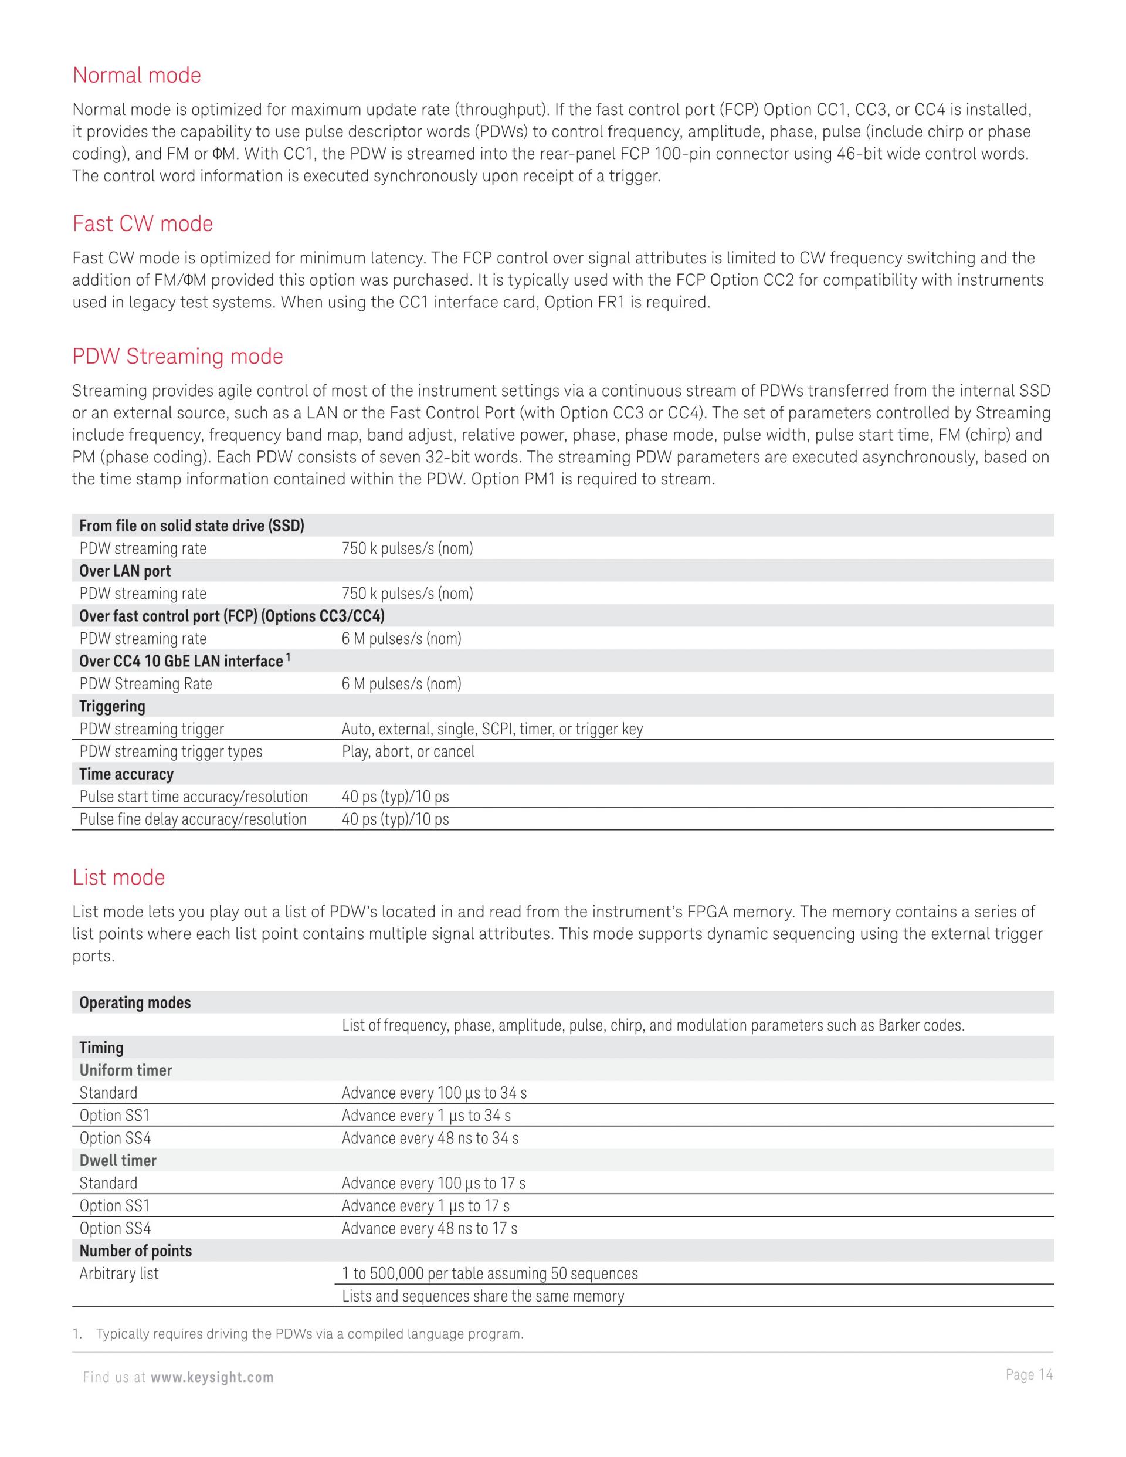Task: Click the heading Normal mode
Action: [x=137, y=76]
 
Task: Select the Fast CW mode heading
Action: [x=143, y=223]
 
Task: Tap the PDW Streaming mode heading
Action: [x=178, y=356]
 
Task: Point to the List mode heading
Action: [x=118, y=877]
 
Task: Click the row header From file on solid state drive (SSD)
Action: [x=191, y=526]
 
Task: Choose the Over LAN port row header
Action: [x=125, y=571]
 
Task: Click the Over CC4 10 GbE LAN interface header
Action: [x=181, y=661]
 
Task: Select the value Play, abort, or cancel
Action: [x=408, y=752]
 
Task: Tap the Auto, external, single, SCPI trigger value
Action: [x=491, y=729]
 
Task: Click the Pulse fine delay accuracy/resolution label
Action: [x=193, y=819]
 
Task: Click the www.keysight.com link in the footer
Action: [x=212, y=1378]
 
